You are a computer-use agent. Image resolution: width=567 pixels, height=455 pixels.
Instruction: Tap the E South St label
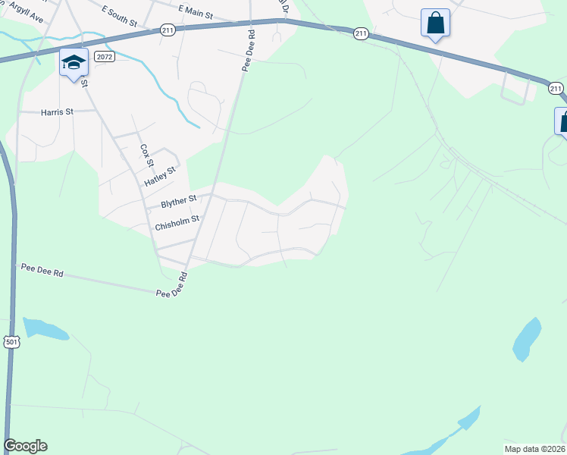click(x=120, y=8)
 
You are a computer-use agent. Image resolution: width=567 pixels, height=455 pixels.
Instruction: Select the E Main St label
click(x=196, y=11)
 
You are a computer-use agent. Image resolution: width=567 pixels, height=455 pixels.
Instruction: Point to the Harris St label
click(x=57, y=111)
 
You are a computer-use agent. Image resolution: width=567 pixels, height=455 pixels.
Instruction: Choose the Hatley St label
click(x=160, y=177)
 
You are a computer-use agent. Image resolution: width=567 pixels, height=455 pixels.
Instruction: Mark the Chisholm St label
click(x=177, y=222)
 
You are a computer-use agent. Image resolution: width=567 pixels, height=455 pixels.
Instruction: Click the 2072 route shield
click(x=105, y=57)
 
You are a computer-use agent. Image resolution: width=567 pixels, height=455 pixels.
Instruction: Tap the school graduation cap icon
click(x=73, y=63)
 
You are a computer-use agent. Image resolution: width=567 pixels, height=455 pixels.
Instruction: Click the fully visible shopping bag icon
click(x=435, y=23)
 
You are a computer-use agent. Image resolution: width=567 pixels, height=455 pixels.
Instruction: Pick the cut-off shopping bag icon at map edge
click(x=562, y=121)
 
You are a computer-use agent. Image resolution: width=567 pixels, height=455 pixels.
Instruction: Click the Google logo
click(x=25, y=446)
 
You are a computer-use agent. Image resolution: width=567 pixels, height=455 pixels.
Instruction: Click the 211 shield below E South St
click(x=168, y=30)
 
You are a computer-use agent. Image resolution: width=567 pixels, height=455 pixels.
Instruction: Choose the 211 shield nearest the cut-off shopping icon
click(x=556, y=89)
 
